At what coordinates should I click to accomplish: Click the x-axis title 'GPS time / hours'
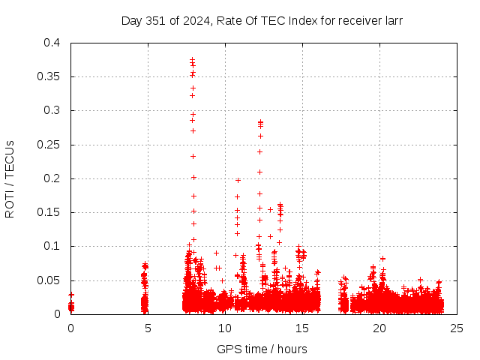pos(262,349)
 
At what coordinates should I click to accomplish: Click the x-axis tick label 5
pos(148,328)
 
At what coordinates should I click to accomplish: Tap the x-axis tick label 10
pos(225,328)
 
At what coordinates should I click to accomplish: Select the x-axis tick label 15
pos(302,328)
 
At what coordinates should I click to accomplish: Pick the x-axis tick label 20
pos(379,328)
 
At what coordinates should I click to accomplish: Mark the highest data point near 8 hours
pos(193,59)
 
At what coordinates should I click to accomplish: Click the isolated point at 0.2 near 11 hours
pos(238,180)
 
